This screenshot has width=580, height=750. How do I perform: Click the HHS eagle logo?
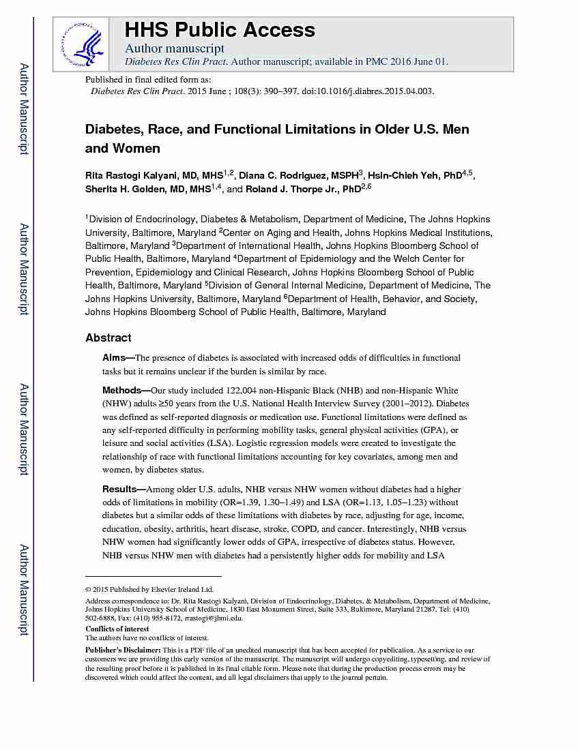click(x=81, y=43)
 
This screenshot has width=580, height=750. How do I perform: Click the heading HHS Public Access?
click(x=220, y=30)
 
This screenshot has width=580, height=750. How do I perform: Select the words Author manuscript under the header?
click(x=175, y=48)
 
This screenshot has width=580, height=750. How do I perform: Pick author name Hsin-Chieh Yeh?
click(x=405, y=176)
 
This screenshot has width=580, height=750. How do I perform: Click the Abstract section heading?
click(x=108, y=337)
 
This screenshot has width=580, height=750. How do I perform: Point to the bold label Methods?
click(x=121, y=391)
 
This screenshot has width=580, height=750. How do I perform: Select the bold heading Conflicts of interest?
click(x=117, y=629)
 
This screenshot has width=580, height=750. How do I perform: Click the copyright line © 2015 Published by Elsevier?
click(x=149, y=589)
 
